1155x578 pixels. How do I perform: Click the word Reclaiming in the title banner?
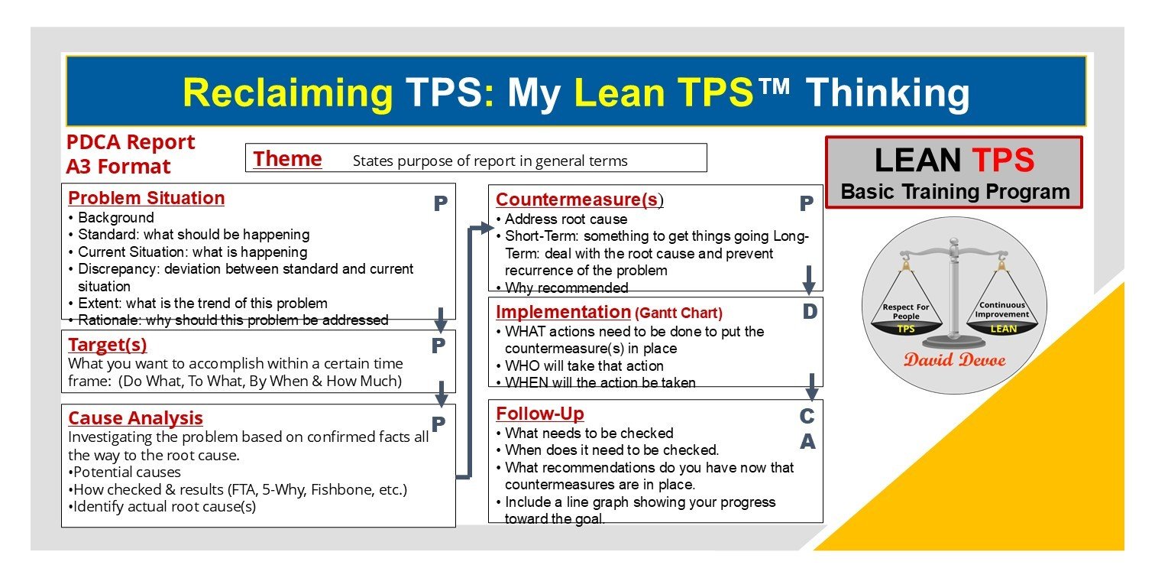click(288, 93)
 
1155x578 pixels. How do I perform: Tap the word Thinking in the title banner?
click(888, 93)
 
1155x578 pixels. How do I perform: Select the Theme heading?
click(287, 159)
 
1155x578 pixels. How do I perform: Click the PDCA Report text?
click(131, 142)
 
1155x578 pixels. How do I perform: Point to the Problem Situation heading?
click(147, 198)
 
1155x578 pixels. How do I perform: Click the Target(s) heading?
click(107, 345)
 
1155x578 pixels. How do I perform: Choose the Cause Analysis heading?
click(135, 418)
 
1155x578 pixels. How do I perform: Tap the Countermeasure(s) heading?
click(579, 200)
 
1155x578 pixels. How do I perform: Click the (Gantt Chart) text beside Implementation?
click(678, 313)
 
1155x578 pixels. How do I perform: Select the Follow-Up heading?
click(539, 414)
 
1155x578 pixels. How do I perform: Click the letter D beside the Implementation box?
click(809, 312)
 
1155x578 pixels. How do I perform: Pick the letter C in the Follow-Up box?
click(807, 417)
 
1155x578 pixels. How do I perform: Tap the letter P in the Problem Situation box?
click(441, 204)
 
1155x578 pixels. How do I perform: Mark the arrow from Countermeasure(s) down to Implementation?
click(809, 281)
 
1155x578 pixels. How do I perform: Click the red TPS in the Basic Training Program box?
click(1003, 161)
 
